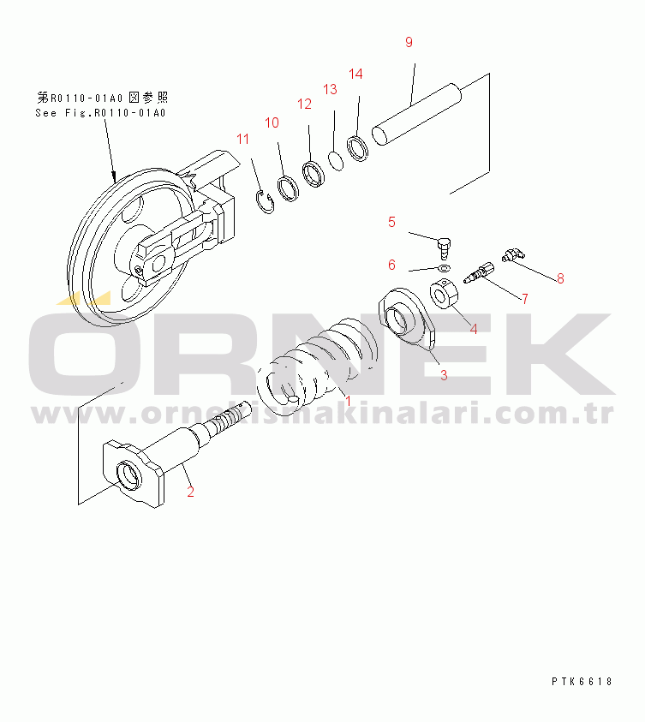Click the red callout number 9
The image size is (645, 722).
coord(409,42)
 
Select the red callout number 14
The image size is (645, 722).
coord(355,74)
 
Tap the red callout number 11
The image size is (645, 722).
coord(242,139)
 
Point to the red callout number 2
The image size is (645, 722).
coord(191,492)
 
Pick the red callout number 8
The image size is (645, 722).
coord(560,278)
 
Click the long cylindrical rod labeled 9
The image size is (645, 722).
coord(416,114)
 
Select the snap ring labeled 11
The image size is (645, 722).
coord(265,201)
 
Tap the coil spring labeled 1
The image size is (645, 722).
coord(318,366)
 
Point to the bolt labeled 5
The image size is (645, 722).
coord(444,248)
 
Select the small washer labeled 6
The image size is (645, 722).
coord(445,268)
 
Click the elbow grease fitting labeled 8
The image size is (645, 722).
coord(514,254)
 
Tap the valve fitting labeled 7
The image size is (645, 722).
coord(479,272)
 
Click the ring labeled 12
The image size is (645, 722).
coord(314,174)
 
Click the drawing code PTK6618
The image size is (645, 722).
coord(582,682)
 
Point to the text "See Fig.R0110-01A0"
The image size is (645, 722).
coord(100,113)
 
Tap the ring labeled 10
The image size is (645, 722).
coord(288,188)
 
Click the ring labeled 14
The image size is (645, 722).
coord(358,148)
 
